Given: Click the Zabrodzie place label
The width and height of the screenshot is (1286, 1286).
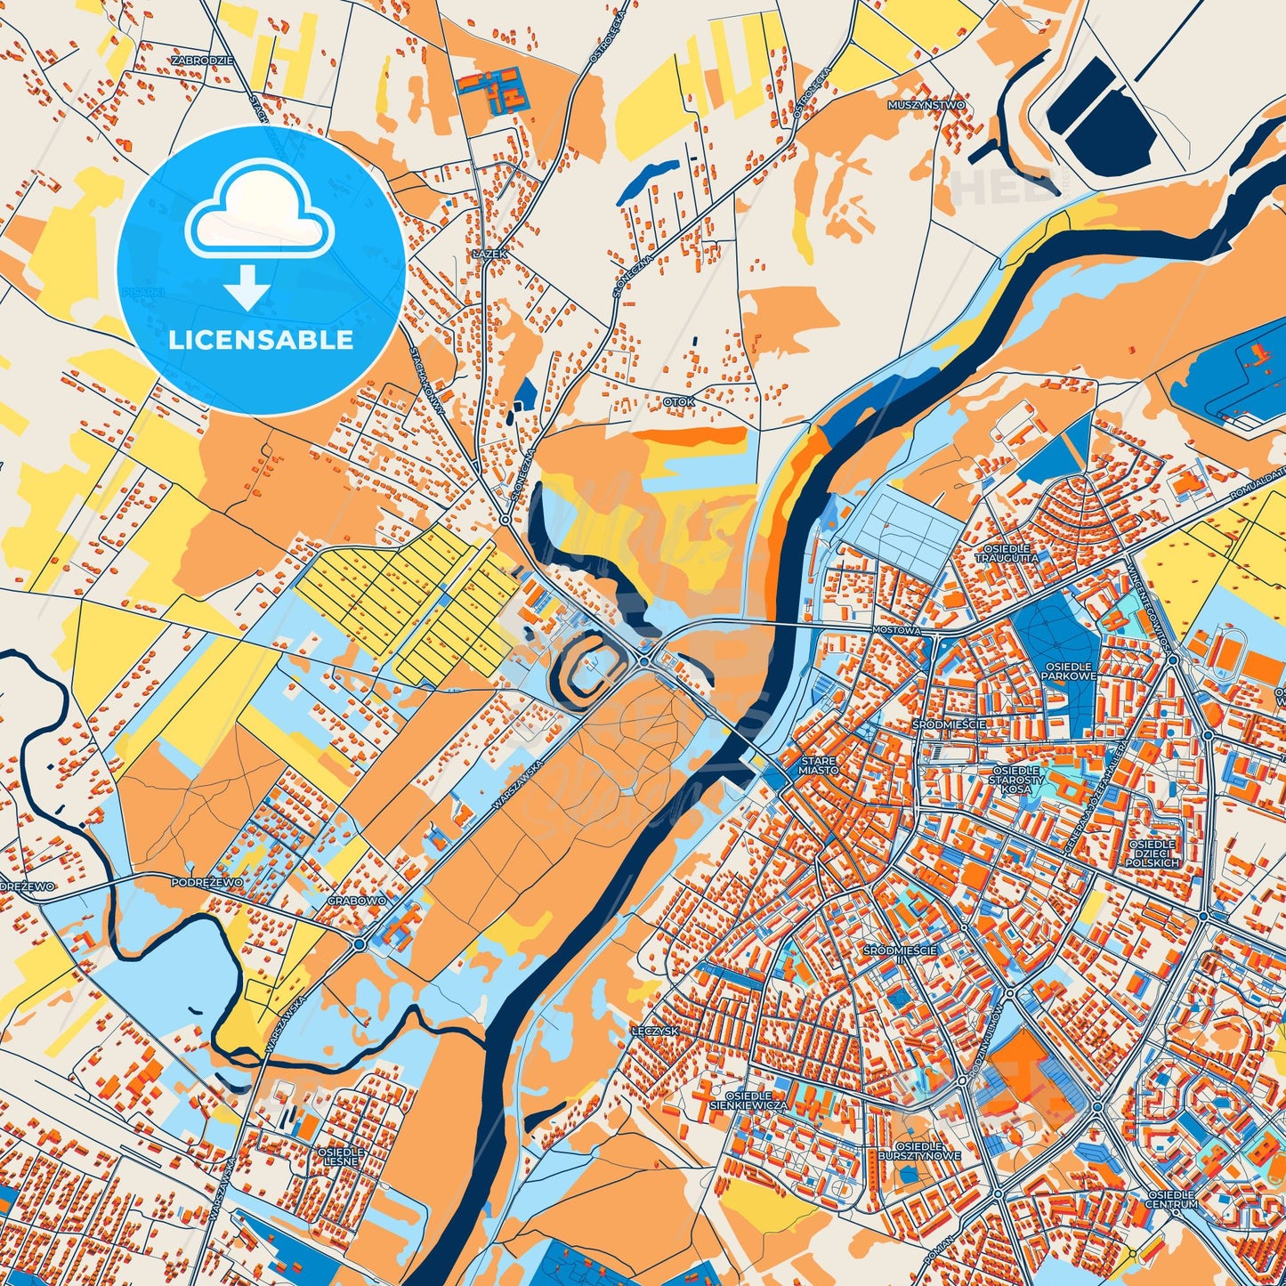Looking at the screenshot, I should coord(203,61).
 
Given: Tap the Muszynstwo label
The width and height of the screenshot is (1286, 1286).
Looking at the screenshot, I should coord(926,105).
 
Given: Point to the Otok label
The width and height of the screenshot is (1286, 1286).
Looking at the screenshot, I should coord(678,402).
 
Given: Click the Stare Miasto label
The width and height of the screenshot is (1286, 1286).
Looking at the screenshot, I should coord(818,765).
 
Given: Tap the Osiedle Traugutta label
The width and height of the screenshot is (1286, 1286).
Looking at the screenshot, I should coord(1006,554).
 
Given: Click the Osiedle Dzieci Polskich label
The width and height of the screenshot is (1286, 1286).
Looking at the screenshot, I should coord(1152,853).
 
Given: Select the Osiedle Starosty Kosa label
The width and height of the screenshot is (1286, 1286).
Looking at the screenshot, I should coord(1015,780).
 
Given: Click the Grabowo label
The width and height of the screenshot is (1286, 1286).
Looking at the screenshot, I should coord(357,901).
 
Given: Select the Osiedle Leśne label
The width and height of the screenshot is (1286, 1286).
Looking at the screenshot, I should coord(341,1157).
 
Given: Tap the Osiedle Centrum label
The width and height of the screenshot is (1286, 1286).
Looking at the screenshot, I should coord(1171,1199).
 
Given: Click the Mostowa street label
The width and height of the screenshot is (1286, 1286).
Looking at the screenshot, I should coord(895,629).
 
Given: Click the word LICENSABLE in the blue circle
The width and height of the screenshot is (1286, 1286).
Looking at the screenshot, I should coord(261,340).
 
